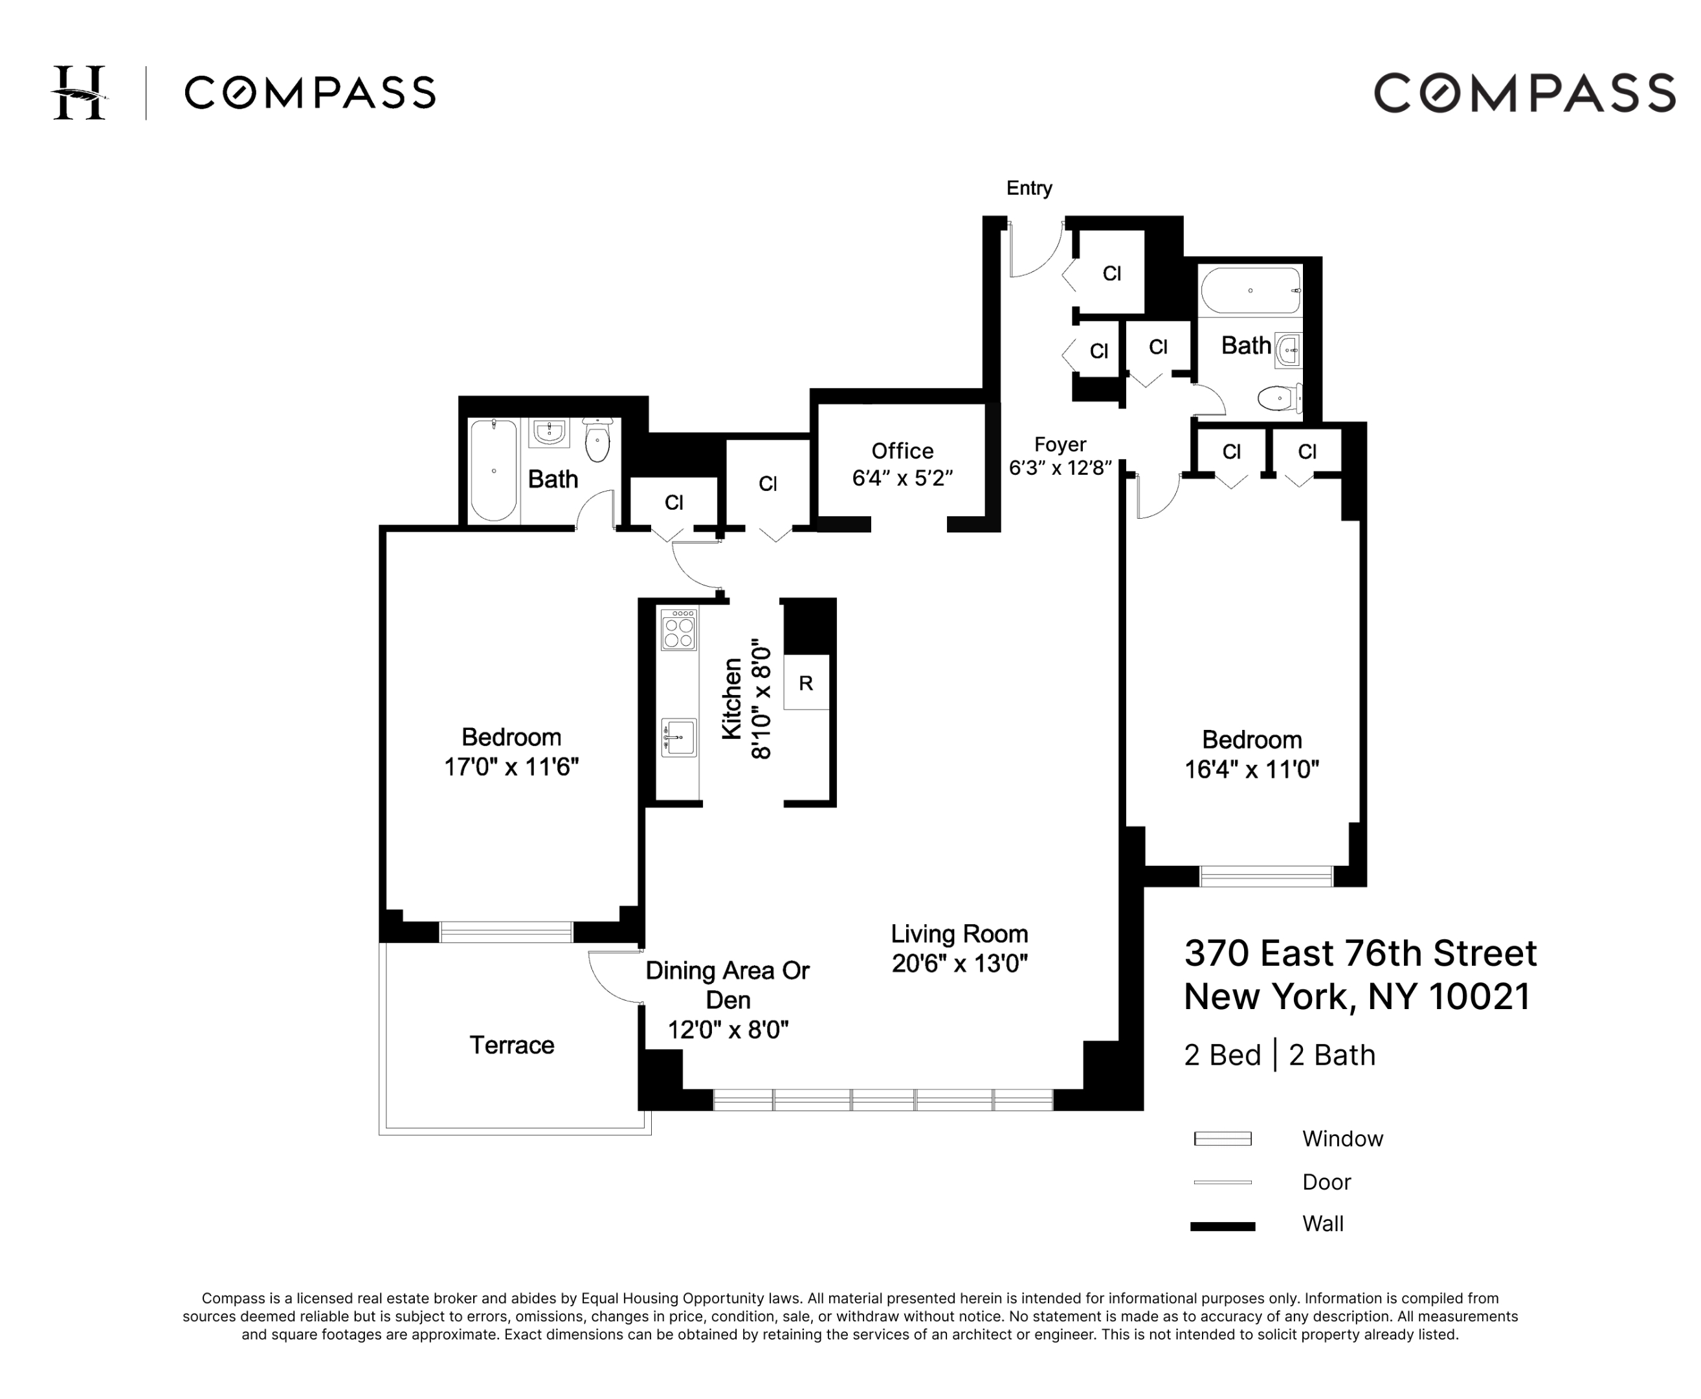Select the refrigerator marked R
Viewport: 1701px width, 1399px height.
pos(805,683)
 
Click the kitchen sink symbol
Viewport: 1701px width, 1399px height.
pos(678,736)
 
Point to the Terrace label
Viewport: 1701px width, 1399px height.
pos(511,1045)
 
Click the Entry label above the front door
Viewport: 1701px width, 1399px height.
pos(1028,188)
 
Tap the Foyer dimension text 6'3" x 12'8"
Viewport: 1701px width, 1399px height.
pos(1060,468)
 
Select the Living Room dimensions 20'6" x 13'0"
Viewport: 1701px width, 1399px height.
pos(959,963)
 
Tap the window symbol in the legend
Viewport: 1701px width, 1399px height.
pos(1222,1139)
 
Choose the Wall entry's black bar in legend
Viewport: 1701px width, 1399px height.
pos(1222,1227)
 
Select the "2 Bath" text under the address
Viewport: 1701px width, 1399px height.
pos(1331,1055)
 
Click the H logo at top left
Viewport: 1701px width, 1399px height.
pos(79,93)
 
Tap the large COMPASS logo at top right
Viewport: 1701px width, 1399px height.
pos(1524,93)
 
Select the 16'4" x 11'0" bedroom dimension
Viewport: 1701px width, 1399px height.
pos(1251,769)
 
